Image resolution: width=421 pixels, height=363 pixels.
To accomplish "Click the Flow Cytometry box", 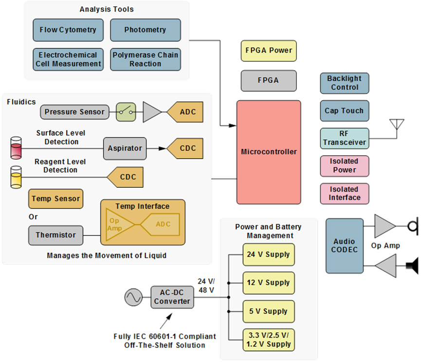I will coord(68,30).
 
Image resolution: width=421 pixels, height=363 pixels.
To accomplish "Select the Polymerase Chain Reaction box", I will coord(145,59).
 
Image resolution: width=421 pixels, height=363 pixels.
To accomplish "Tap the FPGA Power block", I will coord(268,50).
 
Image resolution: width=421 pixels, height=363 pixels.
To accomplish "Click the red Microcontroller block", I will coord(269,152).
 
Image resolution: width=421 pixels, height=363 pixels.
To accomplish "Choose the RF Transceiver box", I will coord(345,138).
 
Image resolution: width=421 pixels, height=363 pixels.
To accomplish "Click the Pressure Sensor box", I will coord(74,112).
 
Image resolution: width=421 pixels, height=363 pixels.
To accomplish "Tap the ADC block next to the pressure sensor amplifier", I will coord(184,112).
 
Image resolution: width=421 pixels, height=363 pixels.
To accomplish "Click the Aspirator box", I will coord(125,148).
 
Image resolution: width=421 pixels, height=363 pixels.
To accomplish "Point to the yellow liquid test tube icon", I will coord(17,177).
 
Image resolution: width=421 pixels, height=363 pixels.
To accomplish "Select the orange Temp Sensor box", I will coord(55,199).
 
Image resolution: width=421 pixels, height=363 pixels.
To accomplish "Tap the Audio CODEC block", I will coord(345,246).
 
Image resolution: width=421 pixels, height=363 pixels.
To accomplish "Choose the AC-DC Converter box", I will coord(172,296).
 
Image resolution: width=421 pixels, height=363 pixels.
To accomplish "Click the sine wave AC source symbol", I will coord(133,297).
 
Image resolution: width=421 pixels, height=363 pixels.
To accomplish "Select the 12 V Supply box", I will coord(269,283).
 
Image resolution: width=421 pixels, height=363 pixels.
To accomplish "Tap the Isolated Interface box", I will coord(345,193).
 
